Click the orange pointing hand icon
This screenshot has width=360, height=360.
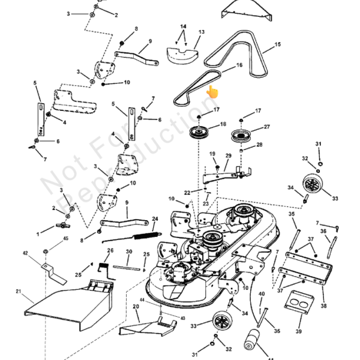(212, 92)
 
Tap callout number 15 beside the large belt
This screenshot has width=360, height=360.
(277, 45)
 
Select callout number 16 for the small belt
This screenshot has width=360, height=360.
(239, 65)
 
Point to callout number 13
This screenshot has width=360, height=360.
(202, 32)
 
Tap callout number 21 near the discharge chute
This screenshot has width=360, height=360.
(19, 292)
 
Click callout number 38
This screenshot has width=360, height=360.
(324, 306)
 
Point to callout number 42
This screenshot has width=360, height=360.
(25, 254)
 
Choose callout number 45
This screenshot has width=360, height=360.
(66, 239)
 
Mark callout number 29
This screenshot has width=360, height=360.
(228, 156)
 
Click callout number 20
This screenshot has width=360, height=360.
(136, 307)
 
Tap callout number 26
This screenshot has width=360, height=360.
(110, 250)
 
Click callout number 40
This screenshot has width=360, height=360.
(262, 294)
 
